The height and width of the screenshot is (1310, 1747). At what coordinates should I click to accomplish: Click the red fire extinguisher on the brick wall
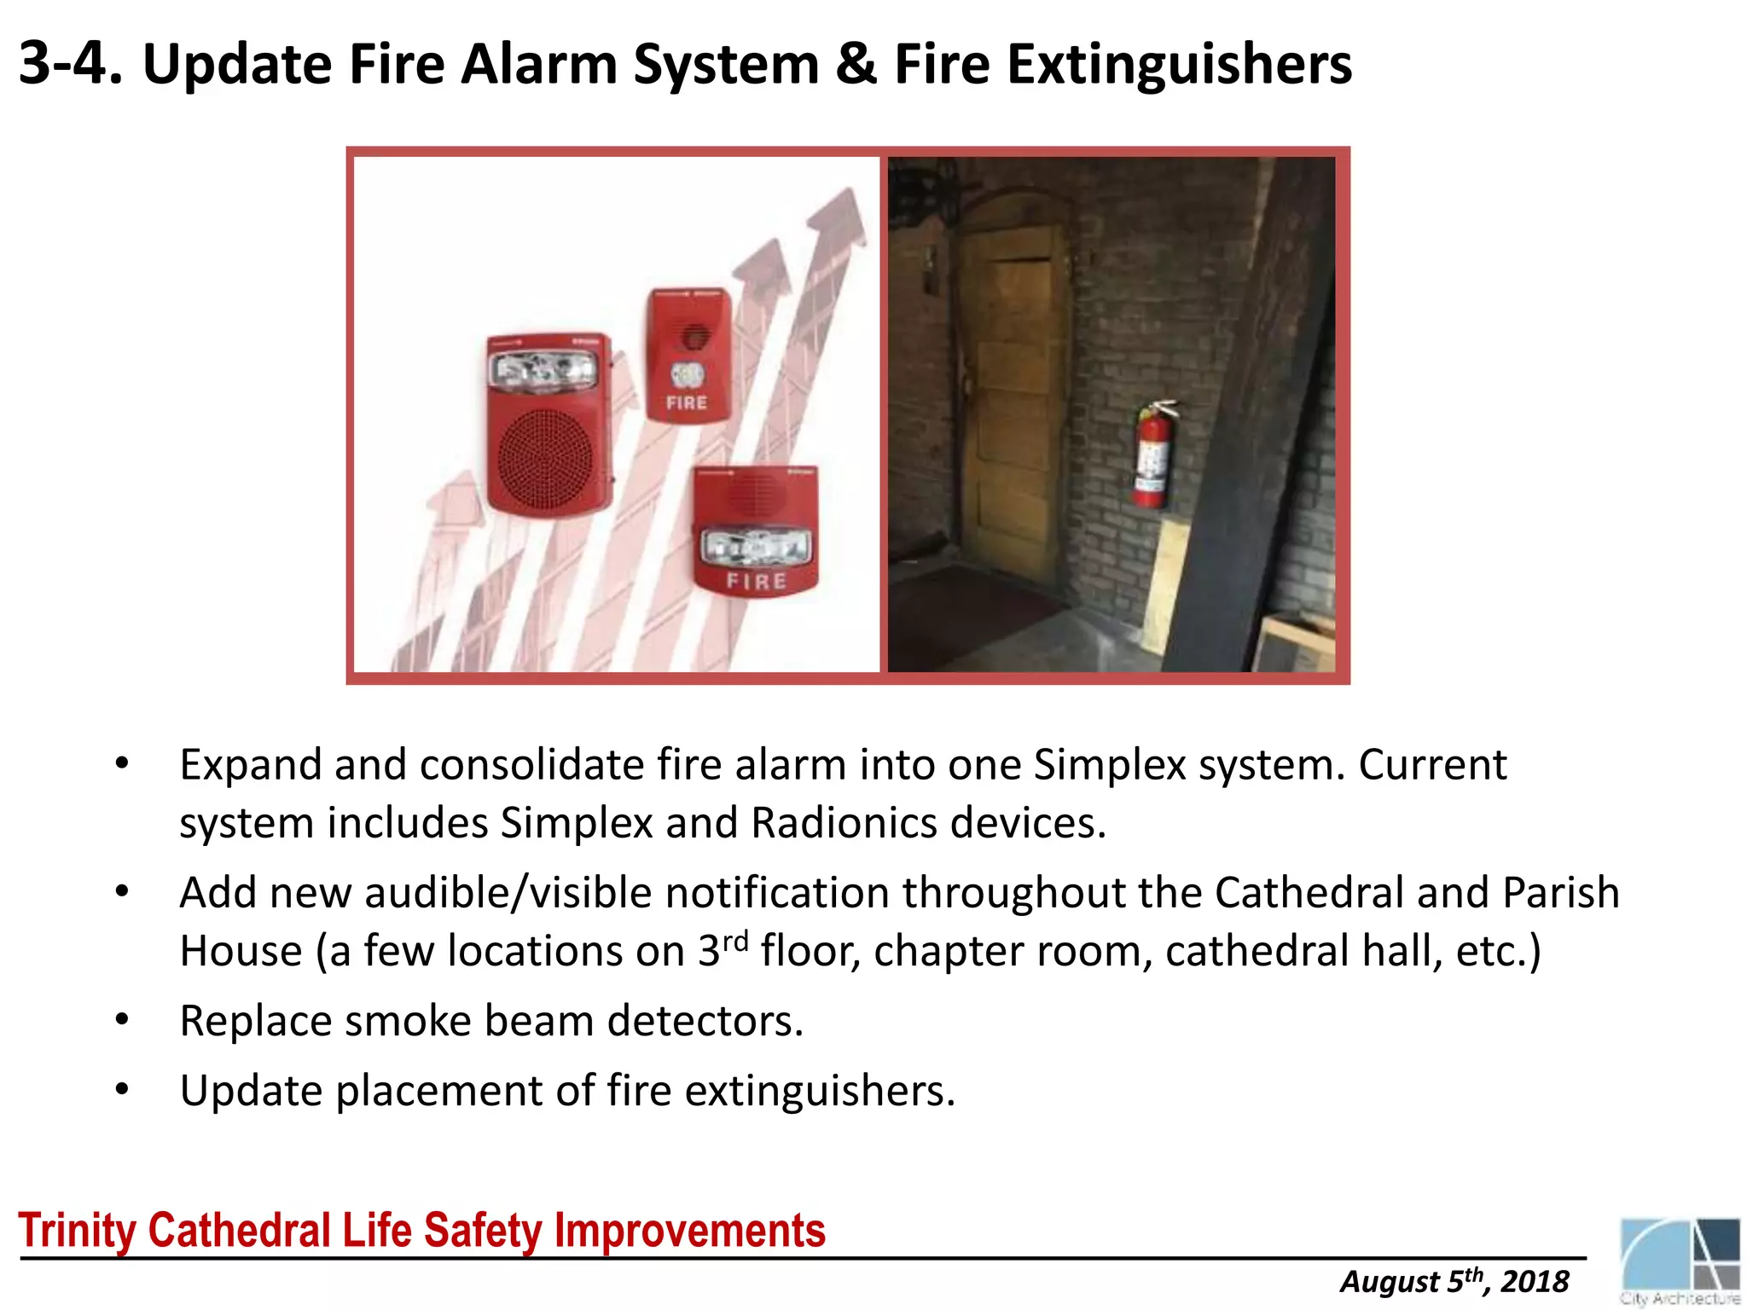[1152, 456]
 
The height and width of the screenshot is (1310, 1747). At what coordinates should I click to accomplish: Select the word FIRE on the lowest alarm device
[756, 582]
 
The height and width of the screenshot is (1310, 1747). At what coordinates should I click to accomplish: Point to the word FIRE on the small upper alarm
[687, 403]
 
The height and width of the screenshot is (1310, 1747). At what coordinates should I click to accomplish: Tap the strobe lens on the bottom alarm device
[754, 546]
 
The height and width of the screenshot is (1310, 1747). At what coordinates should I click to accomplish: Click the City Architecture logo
[1680, 1261]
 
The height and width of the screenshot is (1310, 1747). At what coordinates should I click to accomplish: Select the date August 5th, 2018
[1454, 1282]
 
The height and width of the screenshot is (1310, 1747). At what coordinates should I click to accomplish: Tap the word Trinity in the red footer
[79, 1231]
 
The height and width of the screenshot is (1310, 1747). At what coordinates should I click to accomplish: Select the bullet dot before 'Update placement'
[122, 1090]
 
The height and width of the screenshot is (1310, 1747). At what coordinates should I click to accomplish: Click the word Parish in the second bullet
[1560, 893]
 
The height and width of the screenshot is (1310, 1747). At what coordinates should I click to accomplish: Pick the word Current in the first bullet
[1432, 765]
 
